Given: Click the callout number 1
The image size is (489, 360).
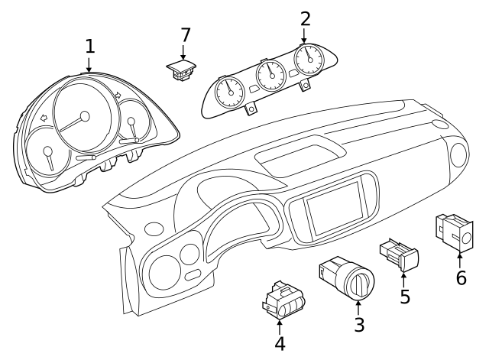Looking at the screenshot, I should (x=89, y=46).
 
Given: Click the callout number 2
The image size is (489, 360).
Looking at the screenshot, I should (x=305, y=19).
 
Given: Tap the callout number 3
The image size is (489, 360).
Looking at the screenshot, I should (x=359, y=324).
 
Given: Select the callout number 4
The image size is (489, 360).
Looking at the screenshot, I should (x=280, y=344).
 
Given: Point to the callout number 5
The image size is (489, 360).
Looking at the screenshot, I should (x=405, y=297).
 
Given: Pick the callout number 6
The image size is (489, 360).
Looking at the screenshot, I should (x=461, y=277).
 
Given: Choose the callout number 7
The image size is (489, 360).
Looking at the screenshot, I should (x=185, y=35).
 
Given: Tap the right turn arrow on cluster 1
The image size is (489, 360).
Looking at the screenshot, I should (x=118, y=96).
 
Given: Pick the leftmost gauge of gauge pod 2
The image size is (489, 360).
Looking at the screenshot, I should (x=228, y=92).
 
